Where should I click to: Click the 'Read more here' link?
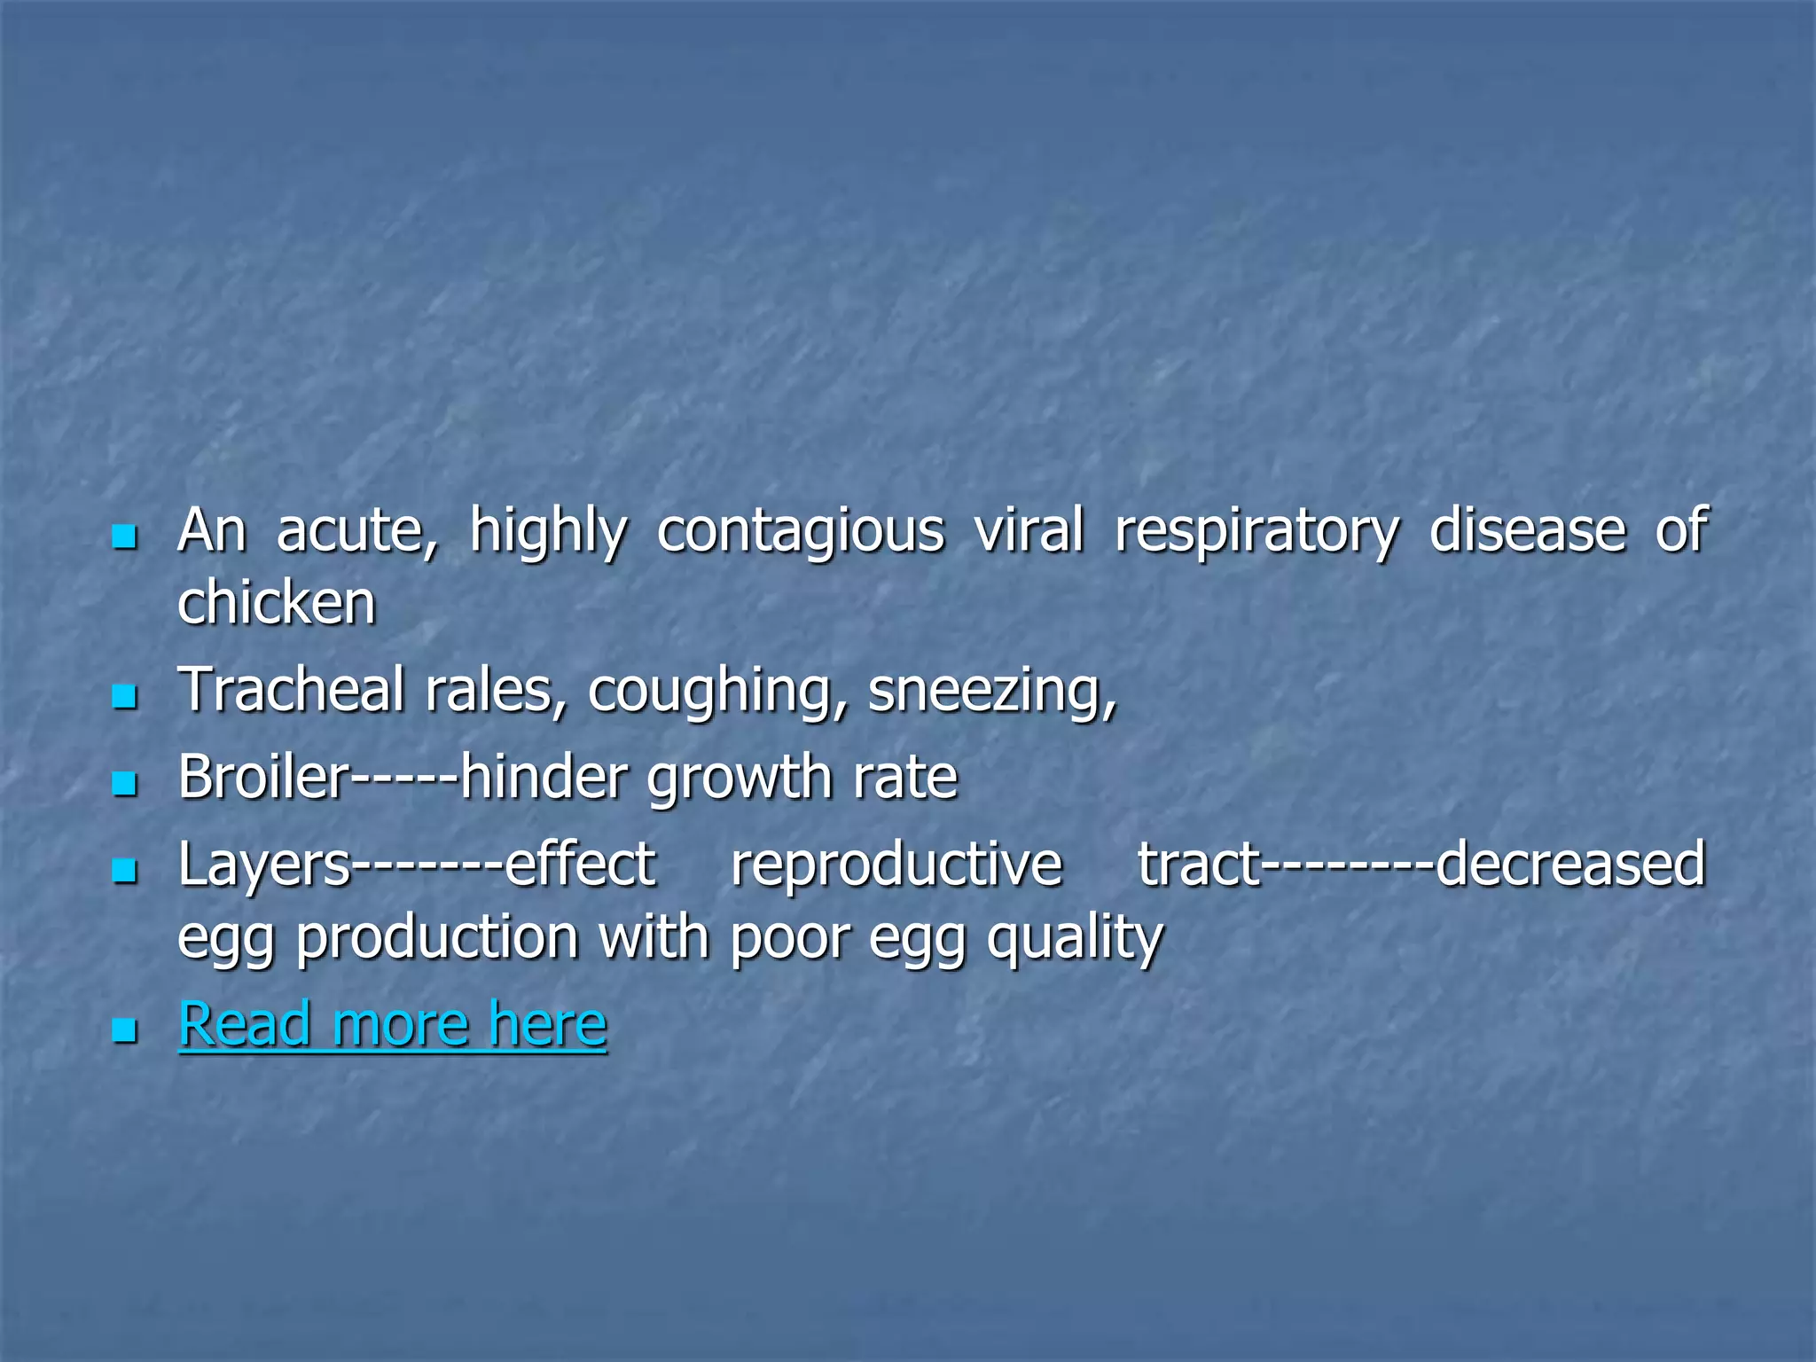click(393, 1024)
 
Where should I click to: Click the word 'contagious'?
click(801, 532)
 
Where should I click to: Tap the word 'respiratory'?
click(1256, 532)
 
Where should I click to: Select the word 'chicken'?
click(277, 603)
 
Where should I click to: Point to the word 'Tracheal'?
click(291, 690)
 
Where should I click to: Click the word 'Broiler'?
click(264, 777)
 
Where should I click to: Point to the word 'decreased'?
click(1569, 864)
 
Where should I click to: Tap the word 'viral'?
click(1029, 530)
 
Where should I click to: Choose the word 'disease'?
click(1527, 530)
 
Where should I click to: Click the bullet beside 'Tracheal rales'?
click(125, 696)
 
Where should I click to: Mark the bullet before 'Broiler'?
click(125, 784)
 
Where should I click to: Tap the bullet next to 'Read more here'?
click(125, 1030)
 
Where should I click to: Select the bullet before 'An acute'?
click(125, 536)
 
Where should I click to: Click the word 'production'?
click(437, 938)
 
